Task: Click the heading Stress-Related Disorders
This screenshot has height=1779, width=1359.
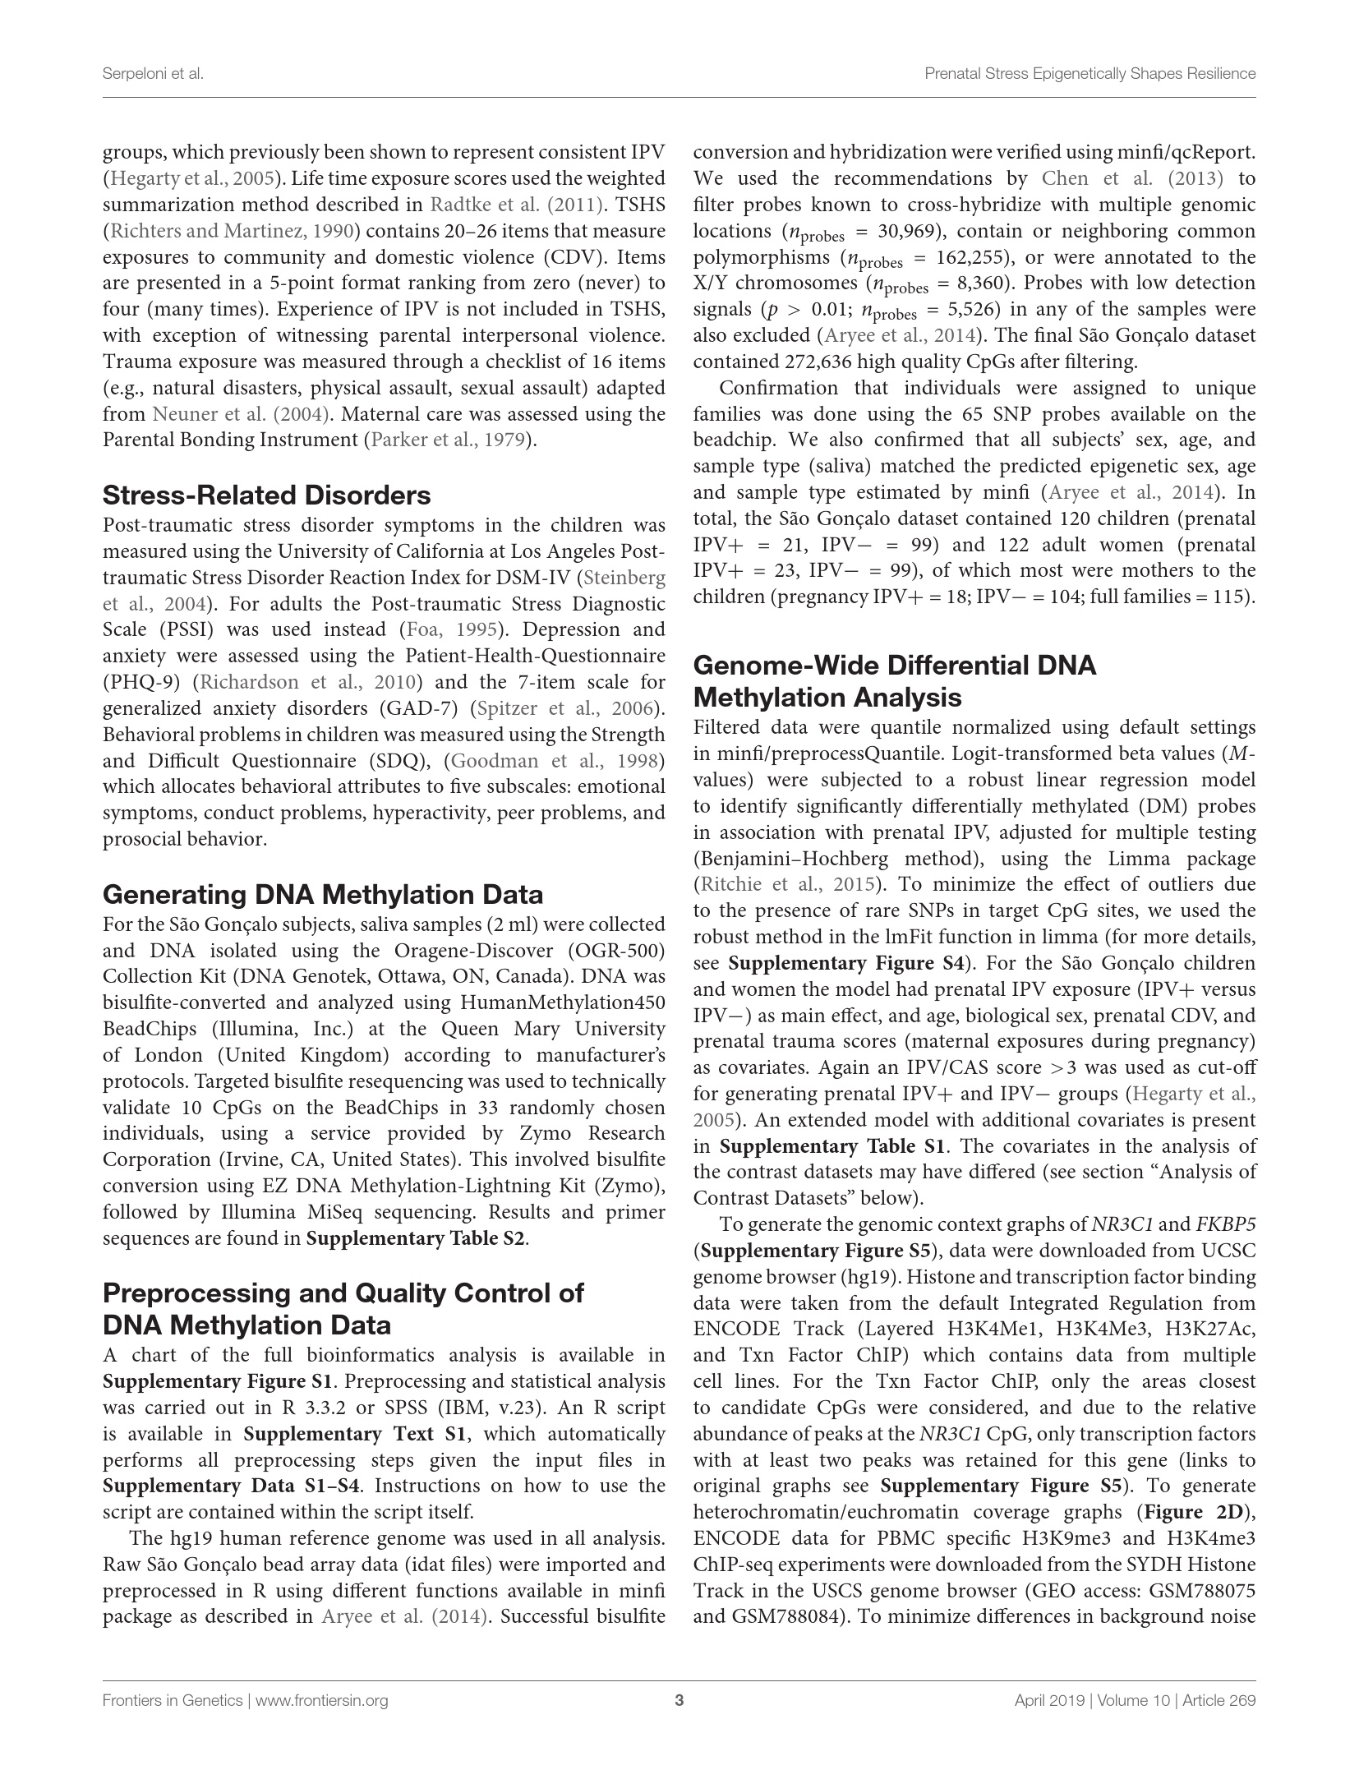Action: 266,495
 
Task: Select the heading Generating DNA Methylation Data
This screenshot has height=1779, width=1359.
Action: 323,894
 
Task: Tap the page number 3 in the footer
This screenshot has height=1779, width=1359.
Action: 679,1700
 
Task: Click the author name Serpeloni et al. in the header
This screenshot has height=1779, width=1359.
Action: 153,74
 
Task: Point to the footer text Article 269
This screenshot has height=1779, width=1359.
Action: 1219,1700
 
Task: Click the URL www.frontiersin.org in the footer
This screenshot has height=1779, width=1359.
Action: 322,1700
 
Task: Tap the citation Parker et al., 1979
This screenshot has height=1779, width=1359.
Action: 448,440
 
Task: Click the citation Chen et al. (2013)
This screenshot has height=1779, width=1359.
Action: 1132,178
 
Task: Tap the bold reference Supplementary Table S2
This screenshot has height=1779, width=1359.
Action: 416,1238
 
